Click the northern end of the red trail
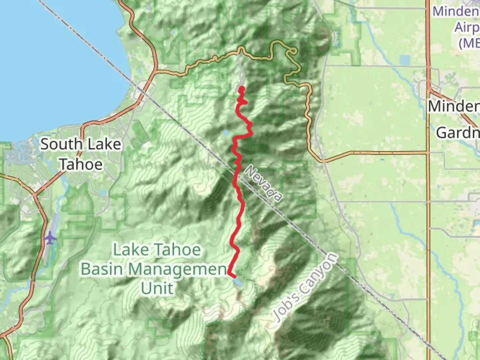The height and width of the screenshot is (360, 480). pos(242,89)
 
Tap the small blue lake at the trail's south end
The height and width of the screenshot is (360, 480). pos(238,282)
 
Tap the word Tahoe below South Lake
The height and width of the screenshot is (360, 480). pos(81,164)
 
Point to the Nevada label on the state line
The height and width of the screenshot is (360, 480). pos(263,184)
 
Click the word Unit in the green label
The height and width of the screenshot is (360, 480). pos(157,288)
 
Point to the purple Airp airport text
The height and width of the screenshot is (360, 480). pos(467,27)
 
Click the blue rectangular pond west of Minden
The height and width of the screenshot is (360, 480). pos(405,60)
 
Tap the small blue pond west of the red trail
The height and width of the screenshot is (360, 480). pos(226,133)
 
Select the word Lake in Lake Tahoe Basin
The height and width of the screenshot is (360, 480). pos(128,250)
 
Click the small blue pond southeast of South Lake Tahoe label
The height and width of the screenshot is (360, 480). pos(103,193)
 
